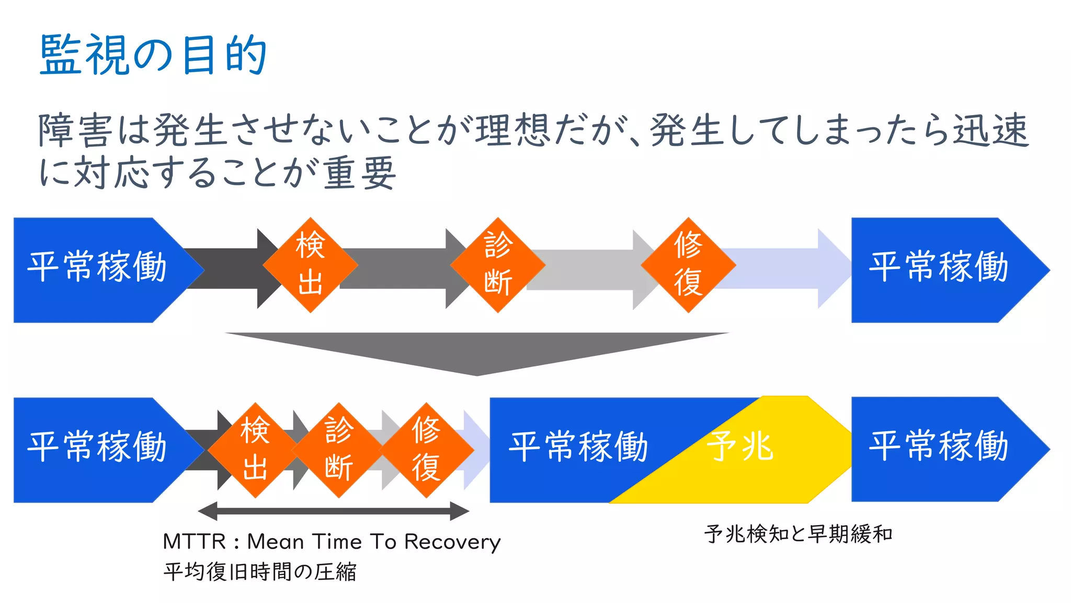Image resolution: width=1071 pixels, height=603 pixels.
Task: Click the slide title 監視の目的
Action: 153,55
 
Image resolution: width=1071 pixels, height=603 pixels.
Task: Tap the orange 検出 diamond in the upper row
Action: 311,265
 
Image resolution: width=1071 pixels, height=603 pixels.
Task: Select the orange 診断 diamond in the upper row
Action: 498,265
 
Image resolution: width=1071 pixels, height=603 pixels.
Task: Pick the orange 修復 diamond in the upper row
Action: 688,265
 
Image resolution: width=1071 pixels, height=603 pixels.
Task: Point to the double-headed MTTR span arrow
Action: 334,511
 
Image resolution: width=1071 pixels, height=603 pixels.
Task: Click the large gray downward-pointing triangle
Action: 477,351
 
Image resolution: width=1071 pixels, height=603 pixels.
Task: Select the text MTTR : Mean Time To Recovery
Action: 332,542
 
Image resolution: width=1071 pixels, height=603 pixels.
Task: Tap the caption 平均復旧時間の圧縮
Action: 260,572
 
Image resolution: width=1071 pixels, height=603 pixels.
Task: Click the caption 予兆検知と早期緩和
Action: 798,534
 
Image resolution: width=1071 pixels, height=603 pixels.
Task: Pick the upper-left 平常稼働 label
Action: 97,267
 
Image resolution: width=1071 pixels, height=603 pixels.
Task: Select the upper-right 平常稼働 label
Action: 939,267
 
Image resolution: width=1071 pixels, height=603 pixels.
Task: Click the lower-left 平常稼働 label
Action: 97,448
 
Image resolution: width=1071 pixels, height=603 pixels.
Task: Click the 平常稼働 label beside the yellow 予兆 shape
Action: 578,448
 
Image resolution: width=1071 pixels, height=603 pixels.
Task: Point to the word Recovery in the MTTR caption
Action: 452,542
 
